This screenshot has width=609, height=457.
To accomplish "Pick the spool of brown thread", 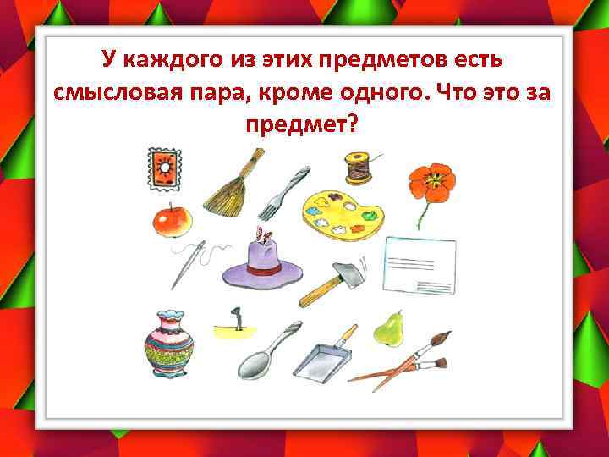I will coord(356,167).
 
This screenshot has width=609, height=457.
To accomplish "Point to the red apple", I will coord(172,221).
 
